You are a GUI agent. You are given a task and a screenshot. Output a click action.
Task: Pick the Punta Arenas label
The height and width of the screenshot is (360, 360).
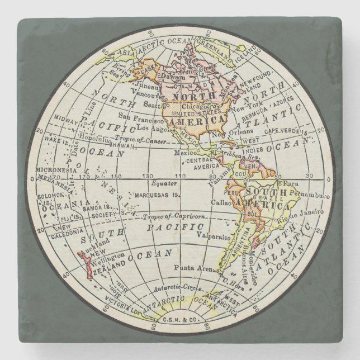(193, 268)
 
